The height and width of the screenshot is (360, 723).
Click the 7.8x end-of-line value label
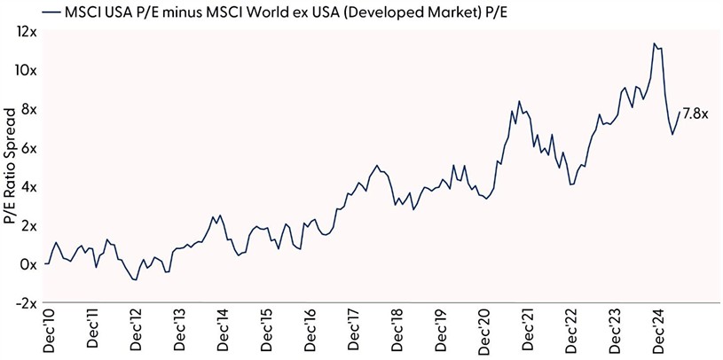[x=695, y=113]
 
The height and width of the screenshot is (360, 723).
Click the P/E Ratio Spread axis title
[x=10, y=168]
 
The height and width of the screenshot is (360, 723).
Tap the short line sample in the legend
[x=53, y=12]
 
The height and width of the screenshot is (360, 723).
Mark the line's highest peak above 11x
[x=654, y=43]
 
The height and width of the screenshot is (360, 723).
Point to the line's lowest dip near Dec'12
[x=135, y=279]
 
